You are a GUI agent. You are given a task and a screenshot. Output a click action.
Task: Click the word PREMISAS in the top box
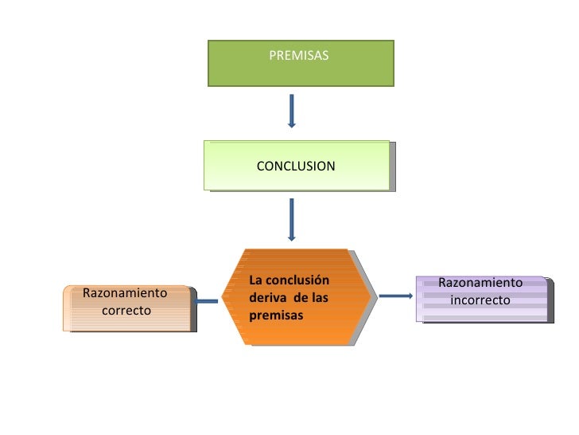coord(298,56)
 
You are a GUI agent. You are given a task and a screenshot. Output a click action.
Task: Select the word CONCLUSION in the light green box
coord(296,167)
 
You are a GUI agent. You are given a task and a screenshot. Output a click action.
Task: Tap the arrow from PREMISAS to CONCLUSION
coord(292,111)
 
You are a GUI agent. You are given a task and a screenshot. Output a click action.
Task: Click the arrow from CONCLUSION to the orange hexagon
coord(292,218)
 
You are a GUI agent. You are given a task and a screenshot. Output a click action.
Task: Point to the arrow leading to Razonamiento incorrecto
coord(395,296)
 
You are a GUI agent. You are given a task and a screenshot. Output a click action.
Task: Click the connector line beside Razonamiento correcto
coord(207,301)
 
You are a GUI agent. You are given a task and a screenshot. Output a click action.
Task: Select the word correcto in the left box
coord(126,310)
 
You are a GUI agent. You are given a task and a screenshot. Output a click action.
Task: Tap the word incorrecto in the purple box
coord(480,300)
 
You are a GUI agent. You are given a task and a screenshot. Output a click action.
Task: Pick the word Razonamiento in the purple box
coord(480,283)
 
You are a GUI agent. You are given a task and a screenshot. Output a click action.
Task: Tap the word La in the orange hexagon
coord(255,280)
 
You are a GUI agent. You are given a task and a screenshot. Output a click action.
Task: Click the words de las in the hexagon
coord(310,298)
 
